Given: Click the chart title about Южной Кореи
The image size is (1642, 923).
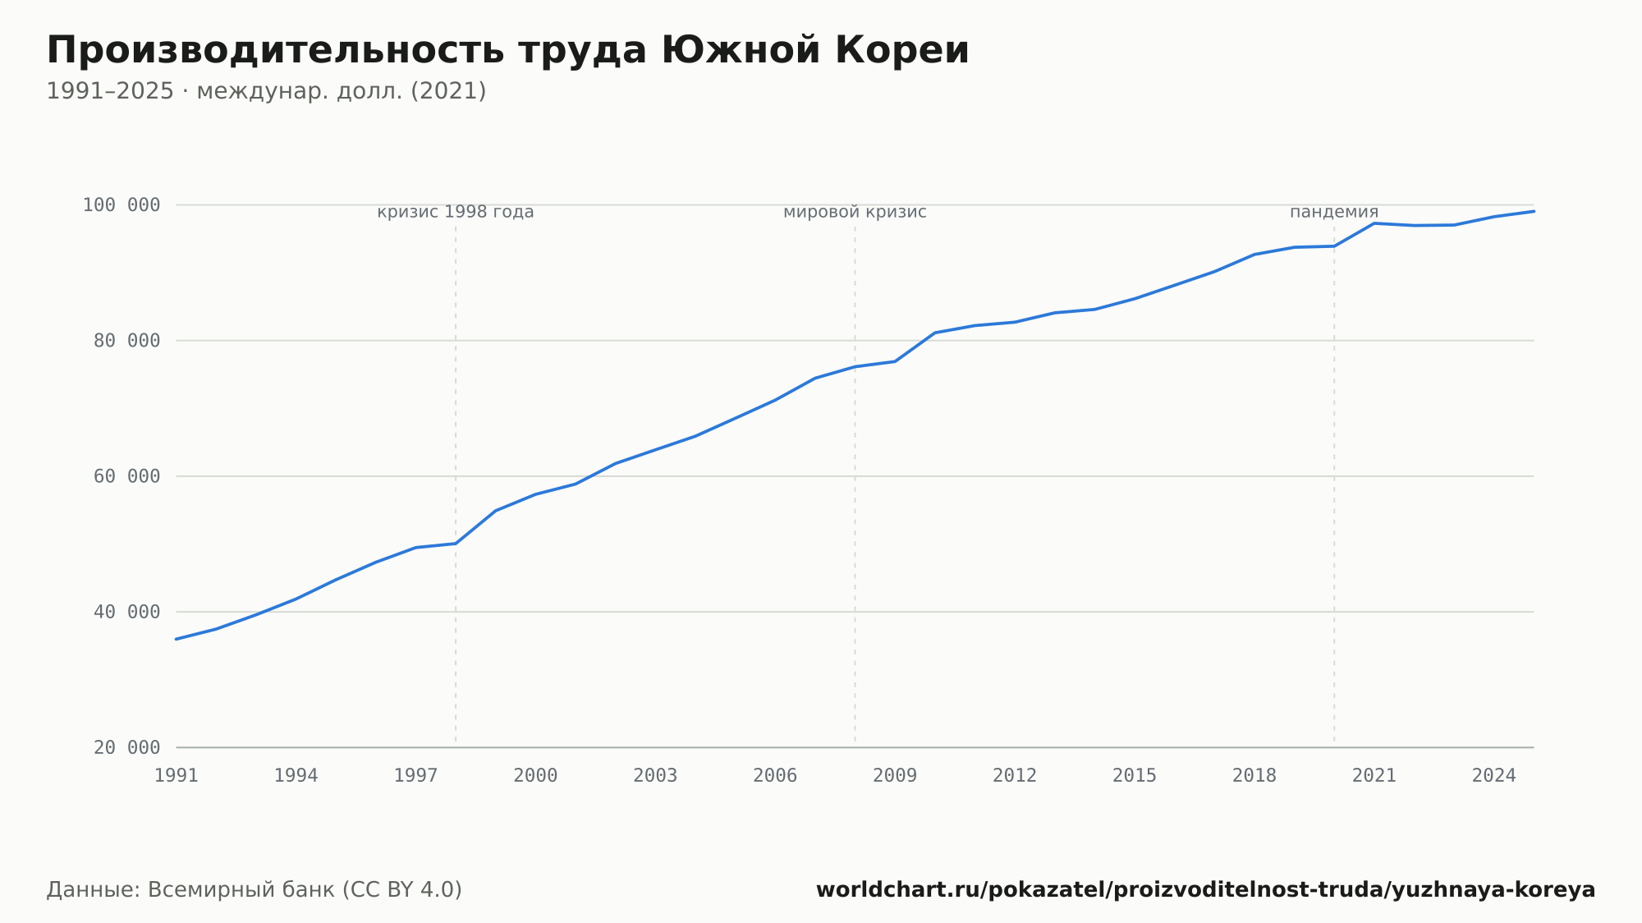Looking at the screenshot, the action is (507, 51).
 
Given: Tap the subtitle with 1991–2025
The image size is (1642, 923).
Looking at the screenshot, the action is (266, 91).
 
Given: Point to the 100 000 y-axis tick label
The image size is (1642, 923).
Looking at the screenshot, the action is (122, 204).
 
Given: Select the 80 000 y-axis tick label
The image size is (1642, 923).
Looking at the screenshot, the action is (127, 340).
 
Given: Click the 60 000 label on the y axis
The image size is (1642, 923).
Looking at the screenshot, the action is (127, 476).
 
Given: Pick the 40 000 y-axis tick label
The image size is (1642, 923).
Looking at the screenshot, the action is (127, 612).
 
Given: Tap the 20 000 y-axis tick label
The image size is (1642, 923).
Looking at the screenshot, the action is (127, 747).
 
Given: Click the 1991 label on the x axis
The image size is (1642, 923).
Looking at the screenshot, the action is (177, 776).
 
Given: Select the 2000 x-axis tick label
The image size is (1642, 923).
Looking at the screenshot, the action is (535, 776).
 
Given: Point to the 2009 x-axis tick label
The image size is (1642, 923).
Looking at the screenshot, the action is (895, 776).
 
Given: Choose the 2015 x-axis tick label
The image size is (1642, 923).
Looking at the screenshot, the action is (1135, 776).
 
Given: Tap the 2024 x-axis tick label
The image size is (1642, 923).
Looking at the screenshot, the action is (1494, 776).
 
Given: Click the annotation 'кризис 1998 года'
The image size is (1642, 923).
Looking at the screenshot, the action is (456, 212).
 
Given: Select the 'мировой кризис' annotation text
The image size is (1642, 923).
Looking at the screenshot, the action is (855, 212).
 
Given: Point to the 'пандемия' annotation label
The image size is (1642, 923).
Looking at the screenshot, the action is (1334, 212).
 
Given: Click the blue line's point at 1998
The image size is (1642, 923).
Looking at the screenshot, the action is (456, 544).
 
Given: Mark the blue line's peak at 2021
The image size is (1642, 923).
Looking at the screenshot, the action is (1374, 223).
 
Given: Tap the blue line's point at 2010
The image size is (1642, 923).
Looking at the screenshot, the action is (935, 333).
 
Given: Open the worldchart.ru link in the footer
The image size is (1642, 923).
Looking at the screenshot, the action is (1205, 890).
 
